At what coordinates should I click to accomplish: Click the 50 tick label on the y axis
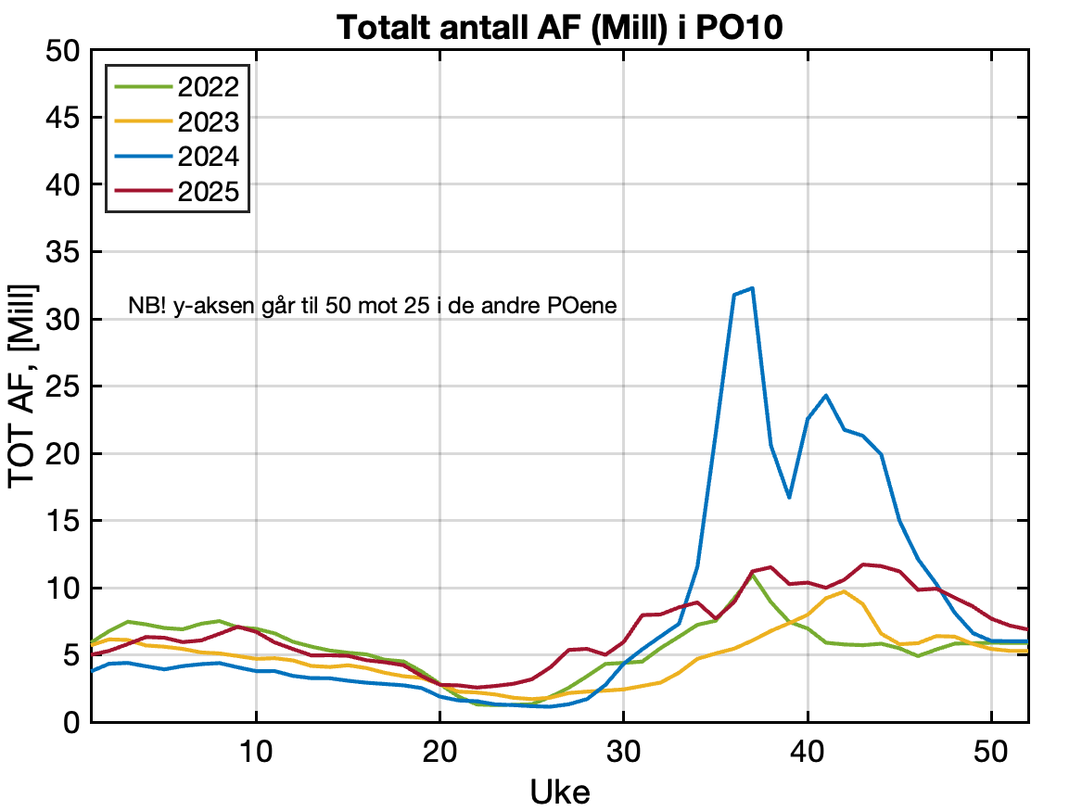click(62, 51)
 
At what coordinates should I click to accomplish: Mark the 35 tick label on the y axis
click(62, 252)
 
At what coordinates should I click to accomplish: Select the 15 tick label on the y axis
click(62, 521)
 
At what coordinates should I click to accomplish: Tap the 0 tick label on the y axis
click(71, 722)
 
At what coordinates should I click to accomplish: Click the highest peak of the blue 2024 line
click(752, 288)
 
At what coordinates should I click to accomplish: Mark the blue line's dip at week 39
click(789, 498)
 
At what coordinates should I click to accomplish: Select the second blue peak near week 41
click(826, 396)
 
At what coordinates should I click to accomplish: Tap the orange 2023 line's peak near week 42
click(844, 591)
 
